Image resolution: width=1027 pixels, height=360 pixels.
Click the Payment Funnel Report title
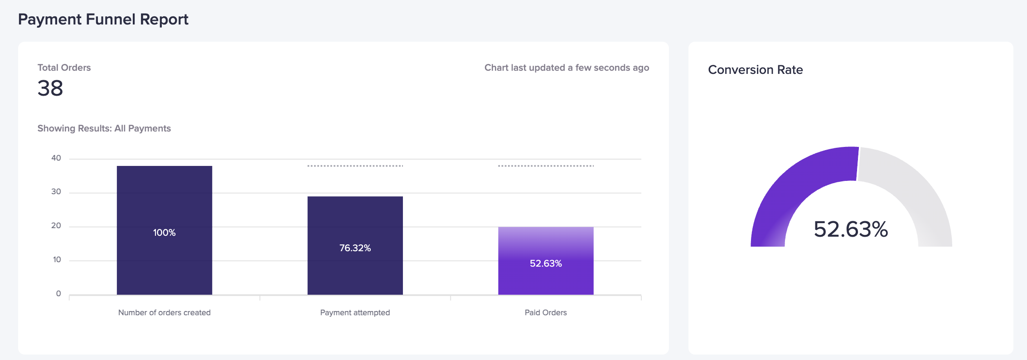pyautogui.click(x=103, y=19)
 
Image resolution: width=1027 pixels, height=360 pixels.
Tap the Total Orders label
pyautogui.click(x=64, y=68)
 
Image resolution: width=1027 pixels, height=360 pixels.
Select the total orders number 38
pyautogui.click(x=50, y=88)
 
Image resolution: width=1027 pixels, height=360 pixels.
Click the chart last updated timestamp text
pyautogui.click(x=567, y=68)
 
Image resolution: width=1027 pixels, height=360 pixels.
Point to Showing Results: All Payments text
pyautogui.click(x=104, y=128)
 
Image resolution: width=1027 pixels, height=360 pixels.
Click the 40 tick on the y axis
pyautogui.click(x=56, y=158)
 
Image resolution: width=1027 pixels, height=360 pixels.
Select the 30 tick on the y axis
pyautogui.click(x=56, y=192)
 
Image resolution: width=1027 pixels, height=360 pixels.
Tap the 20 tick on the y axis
pyautogui.click(x=56, y=226)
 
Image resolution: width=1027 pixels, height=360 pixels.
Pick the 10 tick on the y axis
pyautogui.click(x=57, y=260)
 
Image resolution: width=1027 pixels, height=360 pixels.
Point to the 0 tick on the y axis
pyautogui.click(x=58, y=294)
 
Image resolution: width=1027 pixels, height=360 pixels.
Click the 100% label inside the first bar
pyautogui.click(x=164, y=233)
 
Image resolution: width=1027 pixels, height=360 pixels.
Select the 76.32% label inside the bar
pyautogui.click(x=355, y=248)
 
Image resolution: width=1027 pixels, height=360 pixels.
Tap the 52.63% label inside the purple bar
pyautogui.click(x=546, y=263)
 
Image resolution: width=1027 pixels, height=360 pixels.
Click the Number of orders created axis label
pyautogui.click(x=164, y=312)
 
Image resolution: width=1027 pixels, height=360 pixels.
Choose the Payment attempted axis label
pyautogui.click(x=355, y=312)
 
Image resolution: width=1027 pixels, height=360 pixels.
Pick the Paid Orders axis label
pyautogui.click(x=546, y=312)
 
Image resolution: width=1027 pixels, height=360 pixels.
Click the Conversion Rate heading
pyautogui.click(x=755, y=70)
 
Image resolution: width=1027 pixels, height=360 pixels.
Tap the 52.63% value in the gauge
pyautogui.click(x=851, y=229)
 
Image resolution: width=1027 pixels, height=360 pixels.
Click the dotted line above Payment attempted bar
pyautogui.click(x=355, y=166)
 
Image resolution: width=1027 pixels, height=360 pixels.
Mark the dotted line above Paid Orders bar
pyautogui.click(x=546, y=166)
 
